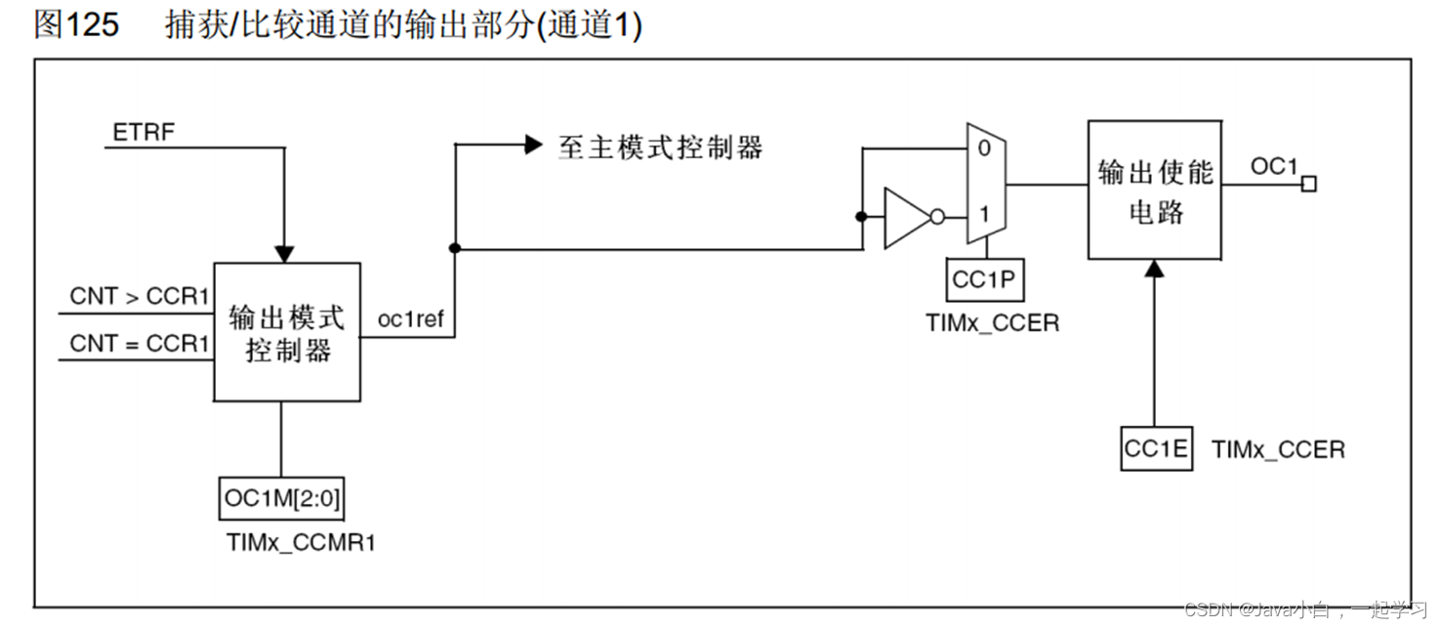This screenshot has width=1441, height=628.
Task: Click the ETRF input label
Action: click(144, 132)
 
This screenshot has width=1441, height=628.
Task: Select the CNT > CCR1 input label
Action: click(140, 296)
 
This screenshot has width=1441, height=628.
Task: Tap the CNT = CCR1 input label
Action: click(140, 344)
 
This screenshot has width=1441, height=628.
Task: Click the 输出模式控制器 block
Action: click(287, 332)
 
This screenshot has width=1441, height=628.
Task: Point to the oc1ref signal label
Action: click(410, 318)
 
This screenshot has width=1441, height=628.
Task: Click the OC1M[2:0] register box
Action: click(282, 499)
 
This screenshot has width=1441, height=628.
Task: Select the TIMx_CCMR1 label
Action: click(301, 543)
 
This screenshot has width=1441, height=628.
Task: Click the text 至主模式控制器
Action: click(660, 147)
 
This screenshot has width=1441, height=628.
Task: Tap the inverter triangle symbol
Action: click(906, 217)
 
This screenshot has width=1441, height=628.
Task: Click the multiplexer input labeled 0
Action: click(984, 149)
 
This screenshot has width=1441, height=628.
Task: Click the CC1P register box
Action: click(984, 281)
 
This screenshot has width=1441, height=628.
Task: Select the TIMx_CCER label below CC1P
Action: click(992, 322)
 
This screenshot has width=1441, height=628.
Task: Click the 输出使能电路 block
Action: click(1154, 190)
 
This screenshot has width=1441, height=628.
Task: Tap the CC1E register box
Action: click(1156, 449)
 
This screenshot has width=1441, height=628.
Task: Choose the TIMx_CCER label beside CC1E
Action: click(1278, 449)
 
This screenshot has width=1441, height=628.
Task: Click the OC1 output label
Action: click(1274, 167)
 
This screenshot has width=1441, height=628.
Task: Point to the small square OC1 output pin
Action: click(1309, 184)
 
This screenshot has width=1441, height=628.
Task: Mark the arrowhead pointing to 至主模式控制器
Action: click(533, 146)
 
